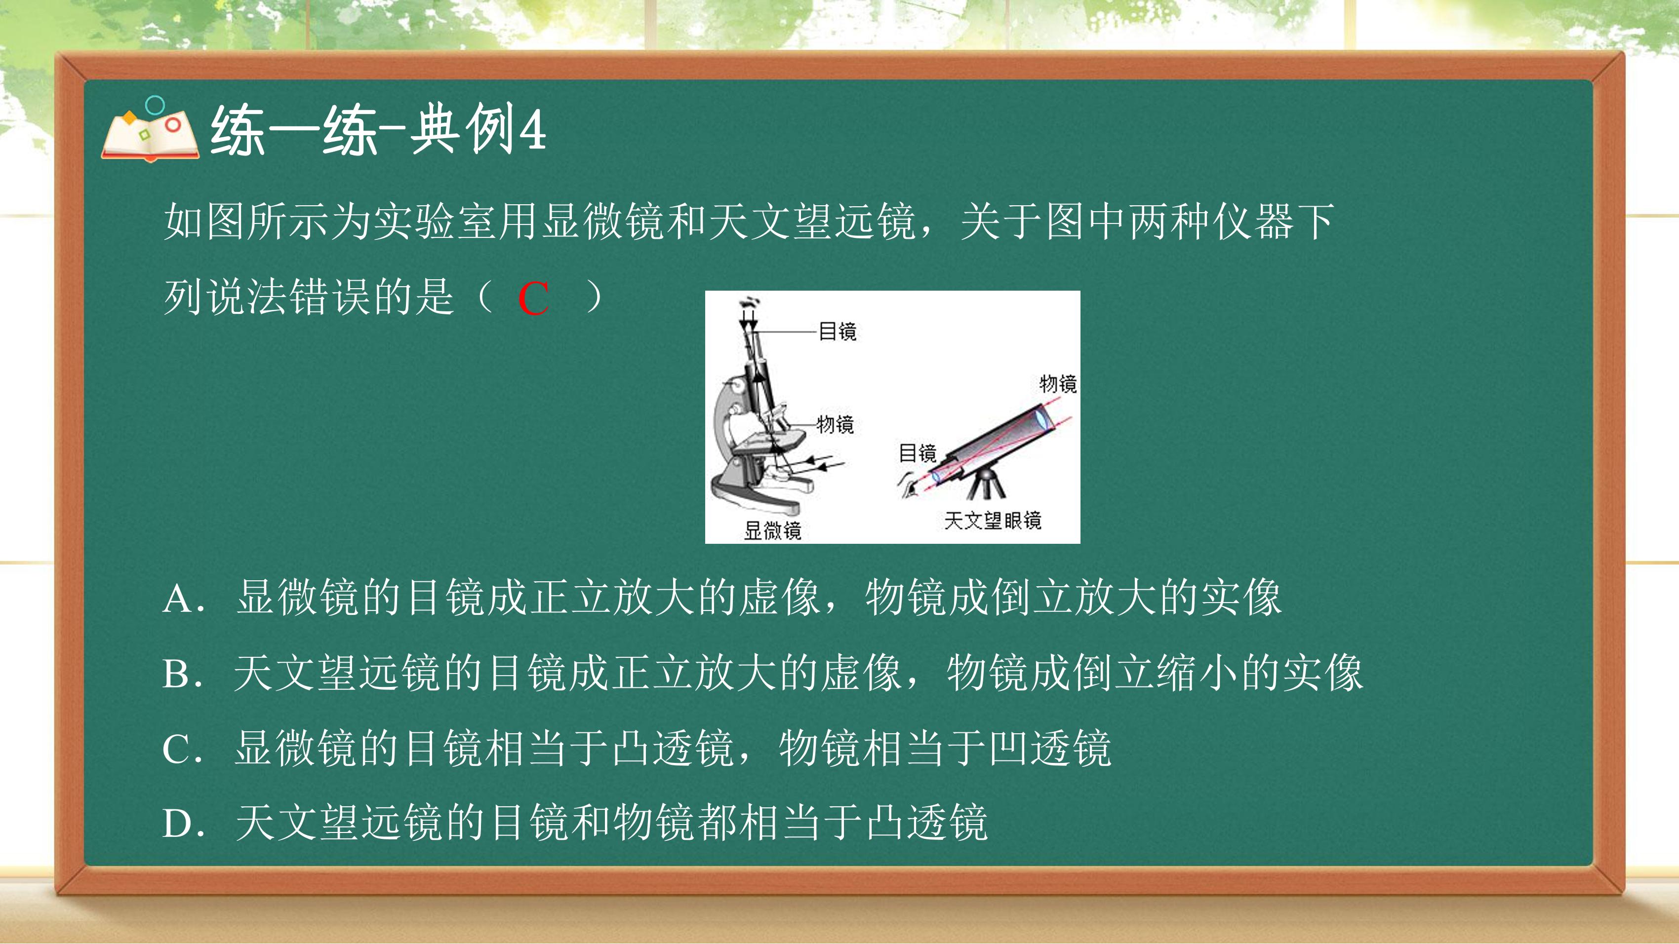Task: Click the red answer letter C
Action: [x=533, y=300]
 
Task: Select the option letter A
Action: [x=178, y=599]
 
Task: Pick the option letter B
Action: [x=177, y=674]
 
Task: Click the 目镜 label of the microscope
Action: [x=838, y=331]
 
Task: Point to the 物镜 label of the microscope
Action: [x=835, y=424]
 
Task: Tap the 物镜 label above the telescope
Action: [x=1057, y=383]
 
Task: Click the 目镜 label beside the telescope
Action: [x=917, y=453]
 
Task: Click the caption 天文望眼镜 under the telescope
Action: [x=992, y=520]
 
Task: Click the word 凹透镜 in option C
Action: [x=1049, y=748]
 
